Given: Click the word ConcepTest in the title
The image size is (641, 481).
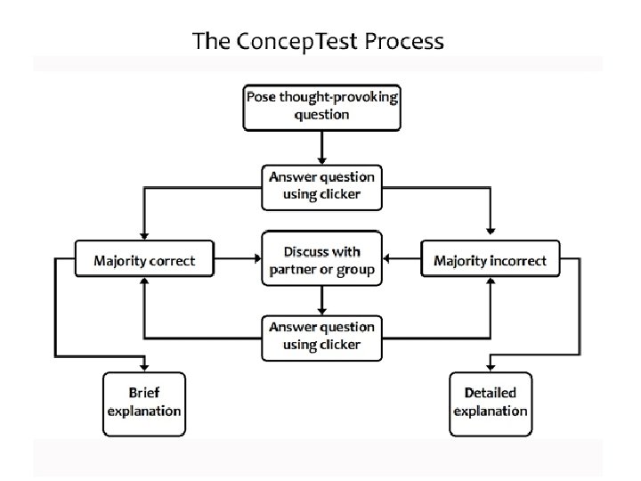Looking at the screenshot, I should [286, 41].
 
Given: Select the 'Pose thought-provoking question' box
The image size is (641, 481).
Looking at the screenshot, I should [321, 107].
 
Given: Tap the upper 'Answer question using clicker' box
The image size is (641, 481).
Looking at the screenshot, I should [321, 184].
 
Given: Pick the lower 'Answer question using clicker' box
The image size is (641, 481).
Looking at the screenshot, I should [321, 337].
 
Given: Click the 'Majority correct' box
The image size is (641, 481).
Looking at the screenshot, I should [144, 261].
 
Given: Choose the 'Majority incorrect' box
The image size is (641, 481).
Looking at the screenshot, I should [490, 261].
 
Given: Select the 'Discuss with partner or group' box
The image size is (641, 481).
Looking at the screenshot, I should [321, 259].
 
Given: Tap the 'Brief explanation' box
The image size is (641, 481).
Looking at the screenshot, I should [143, 403].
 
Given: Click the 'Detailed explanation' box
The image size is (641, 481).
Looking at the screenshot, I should [490, 403].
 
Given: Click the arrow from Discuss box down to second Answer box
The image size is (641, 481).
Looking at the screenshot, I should [321, 299].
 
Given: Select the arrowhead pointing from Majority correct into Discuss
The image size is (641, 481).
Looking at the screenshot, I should [256, 261].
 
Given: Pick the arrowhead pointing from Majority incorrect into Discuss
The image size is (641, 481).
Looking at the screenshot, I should [387, 261].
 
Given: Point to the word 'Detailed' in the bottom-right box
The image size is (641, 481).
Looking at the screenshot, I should [490, 393].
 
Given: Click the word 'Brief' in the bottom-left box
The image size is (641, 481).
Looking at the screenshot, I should [143, 393].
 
